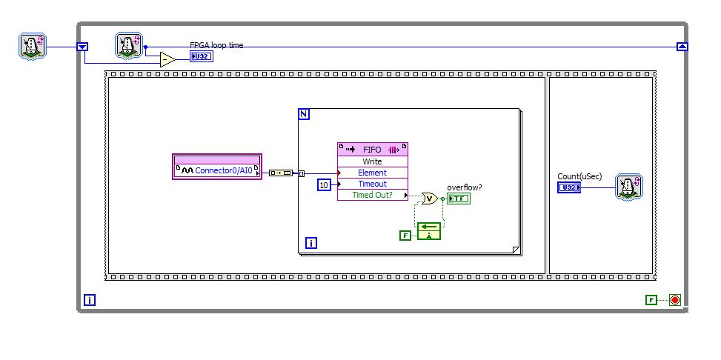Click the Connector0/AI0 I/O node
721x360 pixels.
tap(217, 170)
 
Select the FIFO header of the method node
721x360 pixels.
tap(372, 149)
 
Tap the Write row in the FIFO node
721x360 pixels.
tap(372, 161)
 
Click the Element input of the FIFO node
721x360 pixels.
tap(372, 173)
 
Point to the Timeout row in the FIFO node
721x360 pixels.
tap(372, 184)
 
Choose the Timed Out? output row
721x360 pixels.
tap(372, 195)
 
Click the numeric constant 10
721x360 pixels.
tap(323, 184)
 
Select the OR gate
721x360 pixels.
tap(428, 198)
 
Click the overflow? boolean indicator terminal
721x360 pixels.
tap(458, 199)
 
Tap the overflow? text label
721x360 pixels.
tap(465, 187)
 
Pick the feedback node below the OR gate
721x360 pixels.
tap(429, 231)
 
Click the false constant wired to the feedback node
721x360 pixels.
tap(405, 236)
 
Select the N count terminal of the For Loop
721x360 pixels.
tap(304, 113)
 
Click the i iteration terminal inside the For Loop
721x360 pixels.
tap(311, 242)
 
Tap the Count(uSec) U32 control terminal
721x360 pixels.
tap(569, 187)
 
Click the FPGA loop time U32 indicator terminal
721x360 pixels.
tap(201, 56)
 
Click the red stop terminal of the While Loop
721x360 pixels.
tap(674, 300)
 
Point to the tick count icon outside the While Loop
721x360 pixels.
tap(33, 47)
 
